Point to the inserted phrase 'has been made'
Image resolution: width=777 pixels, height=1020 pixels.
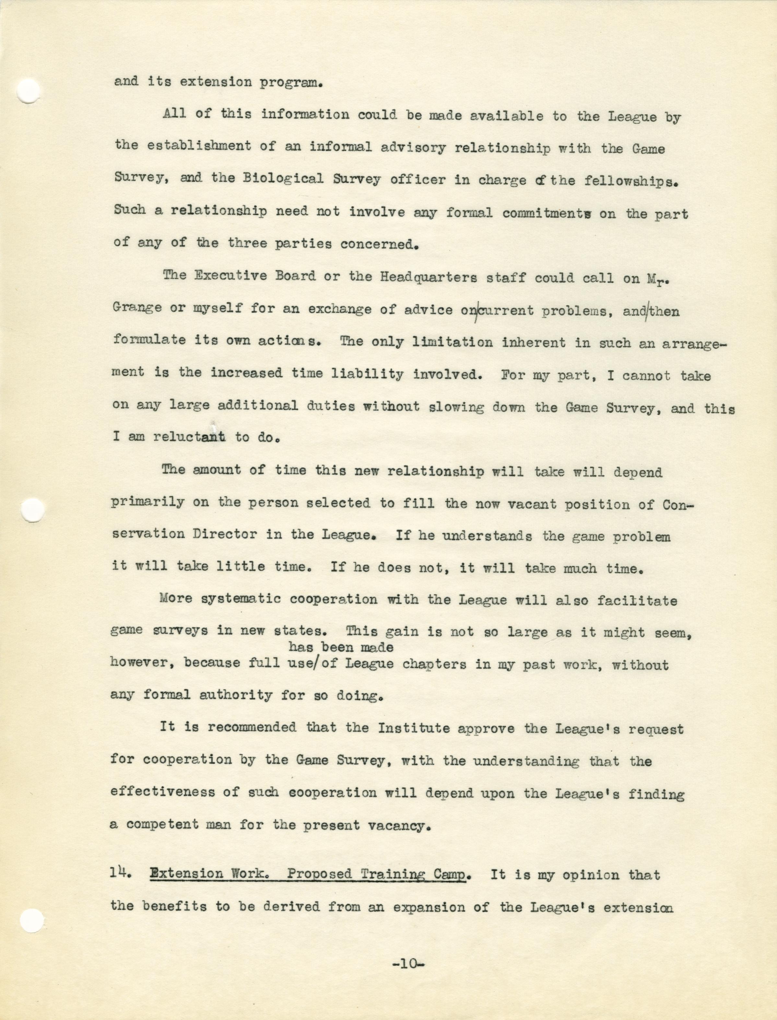[341, 648]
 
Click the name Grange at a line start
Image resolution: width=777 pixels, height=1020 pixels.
[137, 308]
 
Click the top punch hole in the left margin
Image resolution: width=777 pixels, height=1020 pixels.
[29, 91]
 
